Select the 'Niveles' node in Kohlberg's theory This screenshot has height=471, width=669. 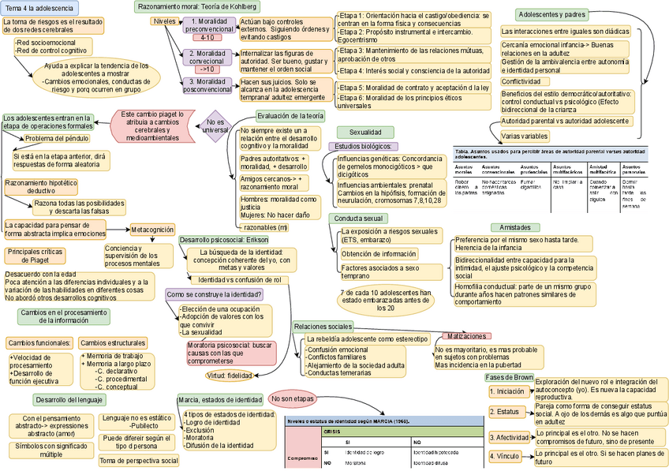click(x=164, y=21)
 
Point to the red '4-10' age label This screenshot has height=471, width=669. click(x=207, y=37)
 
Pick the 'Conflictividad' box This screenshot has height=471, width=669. click(x=526, y=81)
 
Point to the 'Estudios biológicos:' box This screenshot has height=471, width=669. click(x=368, y=147)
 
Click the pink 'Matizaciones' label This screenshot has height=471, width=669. click(x=468, y=336)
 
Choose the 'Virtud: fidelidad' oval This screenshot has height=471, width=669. click(x=229, y=376)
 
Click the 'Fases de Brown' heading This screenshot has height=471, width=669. click(x=509, y=378)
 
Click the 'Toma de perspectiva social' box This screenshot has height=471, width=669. click(x=139, y=461)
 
